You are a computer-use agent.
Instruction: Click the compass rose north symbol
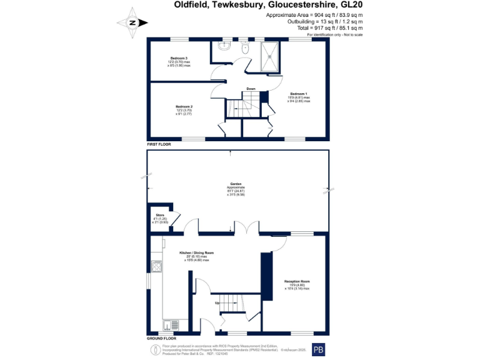(x=132, y=22)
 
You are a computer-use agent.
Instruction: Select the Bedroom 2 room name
(x=183, y=106)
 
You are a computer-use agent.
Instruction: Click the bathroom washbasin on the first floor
(x=224, y=46)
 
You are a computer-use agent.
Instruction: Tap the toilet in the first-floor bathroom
(x=242, y=46)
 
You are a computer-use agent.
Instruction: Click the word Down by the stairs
(x=251, y=88)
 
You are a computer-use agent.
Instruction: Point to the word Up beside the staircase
(x=217, y=302)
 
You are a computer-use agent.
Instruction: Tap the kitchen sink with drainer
(x=168, y=324)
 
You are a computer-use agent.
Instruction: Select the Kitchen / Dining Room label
(x=196, y=252)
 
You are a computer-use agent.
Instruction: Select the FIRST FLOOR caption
(x=159, y=144)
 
